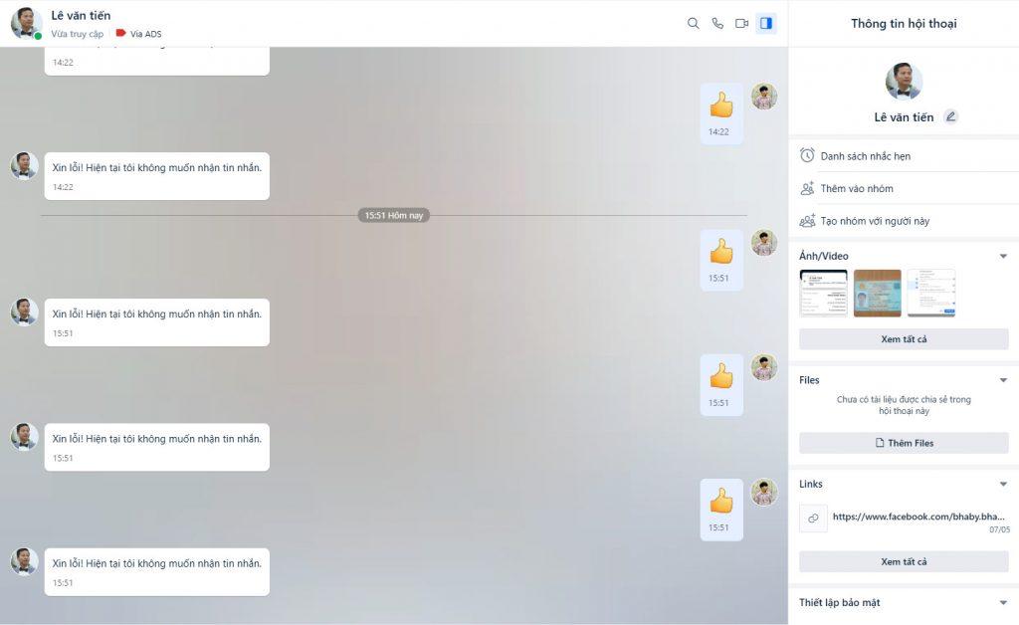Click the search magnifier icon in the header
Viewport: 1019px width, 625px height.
pos(694,23)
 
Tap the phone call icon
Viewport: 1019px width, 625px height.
pos(717,23)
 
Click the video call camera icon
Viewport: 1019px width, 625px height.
pos(741,23)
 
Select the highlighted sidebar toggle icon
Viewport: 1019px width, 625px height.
pos(765,23)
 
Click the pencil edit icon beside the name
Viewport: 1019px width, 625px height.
pos(950,116)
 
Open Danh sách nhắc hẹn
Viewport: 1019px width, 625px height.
pos(865,156)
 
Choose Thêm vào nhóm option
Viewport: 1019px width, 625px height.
pos(857,188)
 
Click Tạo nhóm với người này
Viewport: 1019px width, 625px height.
pos(875,221)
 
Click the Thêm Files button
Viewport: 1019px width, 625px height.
pos(904,443)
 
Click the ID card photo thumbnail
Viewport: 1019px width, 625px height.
pos(877,293)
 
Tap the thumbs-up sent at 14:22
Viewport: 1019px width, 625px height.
pos(720,105)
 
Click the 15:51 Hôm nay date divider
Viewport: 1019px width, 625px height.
pos(394,215)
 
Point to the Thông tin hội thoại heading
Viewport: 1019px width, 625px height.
pos(904,24)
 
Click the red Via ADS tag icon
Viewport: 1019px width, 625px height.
pos(121,33)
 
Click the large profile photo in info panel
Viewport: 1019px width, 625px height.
pos(904,82)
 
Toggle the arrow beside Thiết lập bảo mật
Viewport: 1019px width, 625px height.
pos(1003,602)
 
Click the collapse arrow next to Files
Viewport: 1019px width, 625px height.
pos(1003,380)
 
